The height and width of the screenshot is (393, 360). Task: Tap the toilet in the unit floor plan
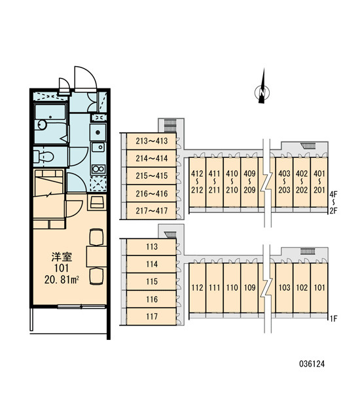coord(44,157)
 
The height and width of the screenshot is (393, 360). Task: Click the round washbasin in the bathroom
coord(42,125)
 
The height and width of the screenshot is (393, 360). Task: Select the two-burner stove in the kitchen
coord(98,169)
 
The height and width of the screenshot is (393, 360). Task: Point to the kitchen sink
coord(98,147)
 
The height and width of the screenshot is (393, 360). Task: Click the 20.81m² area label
coord(62,280)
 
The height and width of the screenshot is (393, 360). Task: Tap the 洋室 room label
coord(62,257)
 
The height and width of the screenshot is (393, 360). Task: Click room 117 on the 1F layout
coord(151,316)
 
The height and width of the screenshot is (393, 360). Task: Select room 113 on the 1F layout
coord(151,247)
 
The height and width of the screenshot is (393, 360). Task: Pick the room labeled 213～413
coord(151,141)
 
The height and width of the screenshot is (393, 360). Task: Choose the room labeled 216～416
coord(151,194)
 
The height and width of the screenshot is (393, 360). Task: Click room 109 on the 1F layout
coord(249,288)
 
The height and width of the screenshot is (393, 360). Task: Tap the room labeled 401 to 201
coord(319,182)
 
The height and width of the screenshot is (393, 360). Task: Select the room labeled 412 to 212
coord(197,182)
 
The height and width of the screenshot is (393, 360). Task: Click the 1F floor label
coord(333,319)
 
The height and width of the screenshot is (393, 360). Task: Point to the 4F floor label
coord(333,194)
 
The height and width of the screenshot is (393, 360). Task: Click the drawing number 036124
coord(312,364)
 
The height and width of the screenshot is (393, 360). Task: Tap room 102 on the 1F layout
coord(302,288)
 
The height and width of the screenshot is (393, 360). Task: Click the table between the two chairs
coord(96,256)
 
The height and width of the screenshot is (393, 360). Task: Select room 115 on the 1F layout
coord(151,282)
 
